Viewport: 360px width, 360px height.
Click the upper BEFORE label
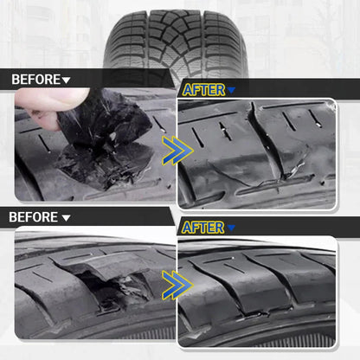click(35, 80)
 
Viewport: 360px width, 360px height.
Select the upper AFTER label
click(203, 89)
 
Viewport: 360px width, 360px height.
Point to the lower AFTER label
click(203, 228)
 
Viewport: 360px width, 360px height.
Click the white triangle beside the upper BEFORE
click(67, 80)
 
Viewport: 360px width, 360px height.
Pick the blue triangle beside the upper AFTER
click(231, 90)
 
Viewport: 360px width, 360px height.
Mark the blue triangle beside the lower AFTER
click(231, 229)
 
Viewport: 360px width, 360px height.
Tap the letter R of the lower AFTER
click(221, 228)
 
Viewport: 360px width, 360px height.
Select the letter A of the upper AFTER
click(187, 89)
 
